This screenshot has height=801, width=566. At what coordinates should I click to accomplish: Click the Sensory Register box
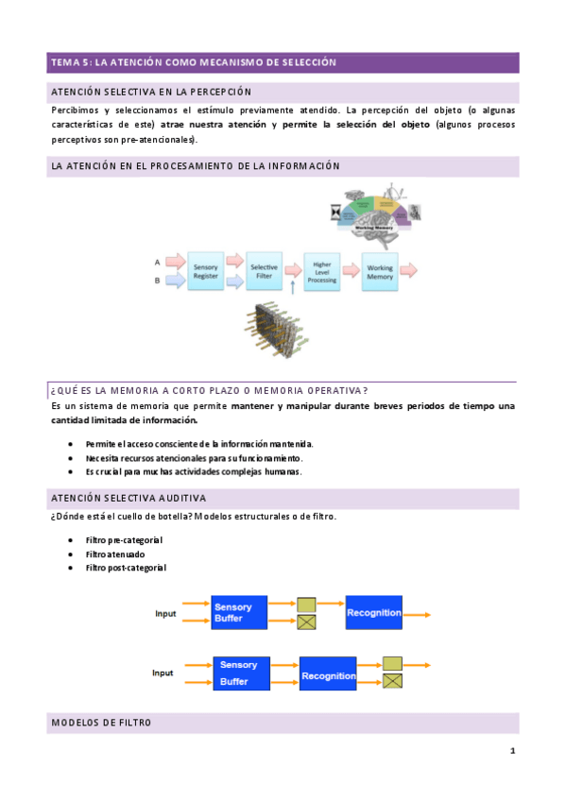pyautogui.click(x=205, y=271)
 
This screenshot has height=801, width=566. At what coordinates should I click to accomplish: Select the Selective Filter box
pyautogui.click(x=264, y=271)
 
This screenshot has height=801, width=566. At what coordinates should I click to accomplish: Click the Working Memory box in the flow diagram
pyautogui.click(x=380, y=272)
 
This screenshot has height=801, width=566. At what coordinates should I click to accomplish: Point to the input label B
pyautogui.click(x=157, y=281)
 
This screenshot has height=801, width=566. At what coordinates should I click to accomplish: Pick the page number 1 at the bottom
pyautogui.click(x=511, y=751)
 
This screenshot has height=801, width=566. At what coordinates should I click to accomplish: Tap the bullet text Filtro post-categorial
pyautogui.click(x=125, y=568)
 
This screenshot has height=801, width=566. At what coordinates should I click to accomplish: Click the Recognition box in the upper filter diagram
pyautogui.click(x=374, y=613)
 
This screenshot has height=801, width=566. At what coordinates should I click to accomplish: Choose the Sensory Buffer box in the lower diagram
pyautogui.click(x=241, y=673)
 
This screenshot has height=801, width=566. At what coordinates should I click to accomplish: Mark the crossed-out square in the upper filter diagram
pyautogui.click(x=306, y=622)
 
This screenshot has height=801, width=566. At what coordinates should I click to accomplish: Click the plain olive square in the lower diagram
pyautogui.click(x=393, y=663)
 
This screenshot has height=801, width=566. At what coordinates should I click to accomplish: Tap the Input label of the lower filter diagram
pyautogui.click(x=163, y=673)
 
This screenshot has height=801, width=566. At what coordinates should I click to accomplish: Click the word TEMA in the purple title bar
pyautogui.click(x=66, y=62)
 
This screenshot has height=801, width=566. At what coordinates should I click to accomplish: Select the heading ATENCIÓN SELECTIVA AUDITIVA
pyautogui.click(x=129, y=498)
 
